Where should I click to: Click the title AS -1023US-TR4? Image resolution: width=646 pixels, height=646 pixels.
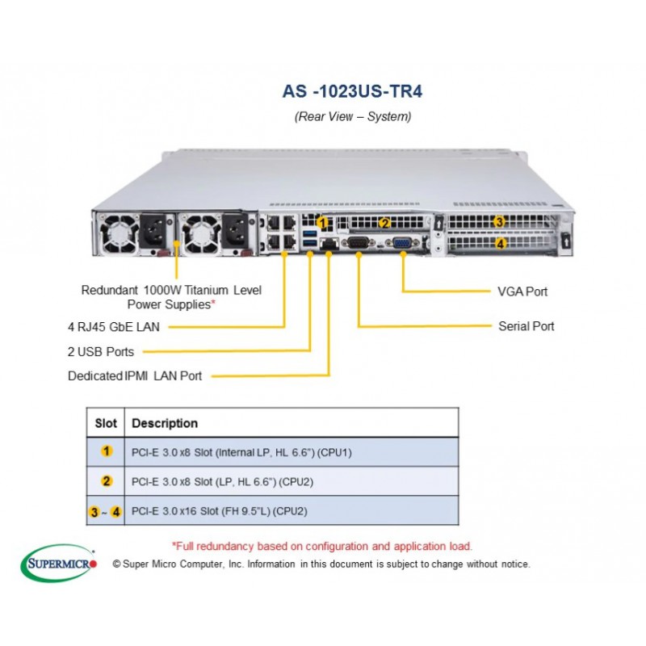coord(352,91)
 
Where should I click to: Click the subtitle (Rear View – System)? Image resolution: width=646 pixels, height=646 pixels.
coord(352,116)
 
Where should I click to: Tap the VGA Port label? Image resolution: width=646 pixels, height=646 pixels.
coord(523,291)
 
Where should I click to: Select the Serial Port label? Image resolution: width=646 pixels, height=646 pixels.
coord(526,326)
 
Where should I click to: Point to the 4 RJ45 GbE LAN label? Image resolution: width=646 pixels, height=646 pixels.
coord(113,326)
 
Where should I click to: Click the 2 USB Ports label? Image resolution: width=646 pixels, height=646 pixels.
coord(100,351)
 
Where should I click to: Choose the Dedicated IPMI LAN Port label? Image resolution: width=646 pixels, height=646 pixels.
coord(135,375)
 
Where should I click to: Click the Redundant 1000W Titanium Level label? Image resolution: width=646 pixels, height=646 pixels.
coord(171,289)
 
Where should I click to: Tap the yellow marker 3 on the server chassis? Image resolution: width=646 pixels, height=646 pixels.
coord(500,222)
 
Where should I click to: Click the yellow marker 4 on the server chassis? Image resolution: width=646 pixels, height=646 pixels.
coord(500,242)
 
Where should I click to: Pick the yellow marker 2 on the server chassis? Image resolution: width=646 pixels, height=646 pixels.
coord(385,223)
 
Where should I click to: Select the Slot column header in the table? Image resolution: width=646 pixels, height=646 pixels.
coord(106,423)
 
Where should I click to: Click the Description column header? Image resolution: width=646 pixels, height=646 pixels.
coord(165,423)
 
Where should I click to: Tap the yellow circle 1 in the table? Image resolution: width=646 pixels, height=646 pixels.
coord(106,452)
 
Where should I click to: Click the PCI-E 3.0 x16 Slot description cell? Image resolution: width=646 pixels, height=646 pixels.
coord(219,511)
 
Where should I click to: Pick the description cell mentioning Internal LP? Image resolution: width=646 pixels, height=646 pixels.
coord(241,452)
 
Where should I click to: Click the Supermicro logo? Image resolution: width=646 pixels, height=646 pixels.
coord(61,560)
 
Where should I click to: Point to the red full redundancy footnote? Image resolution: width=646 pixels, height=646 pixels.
coord(322,546)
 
